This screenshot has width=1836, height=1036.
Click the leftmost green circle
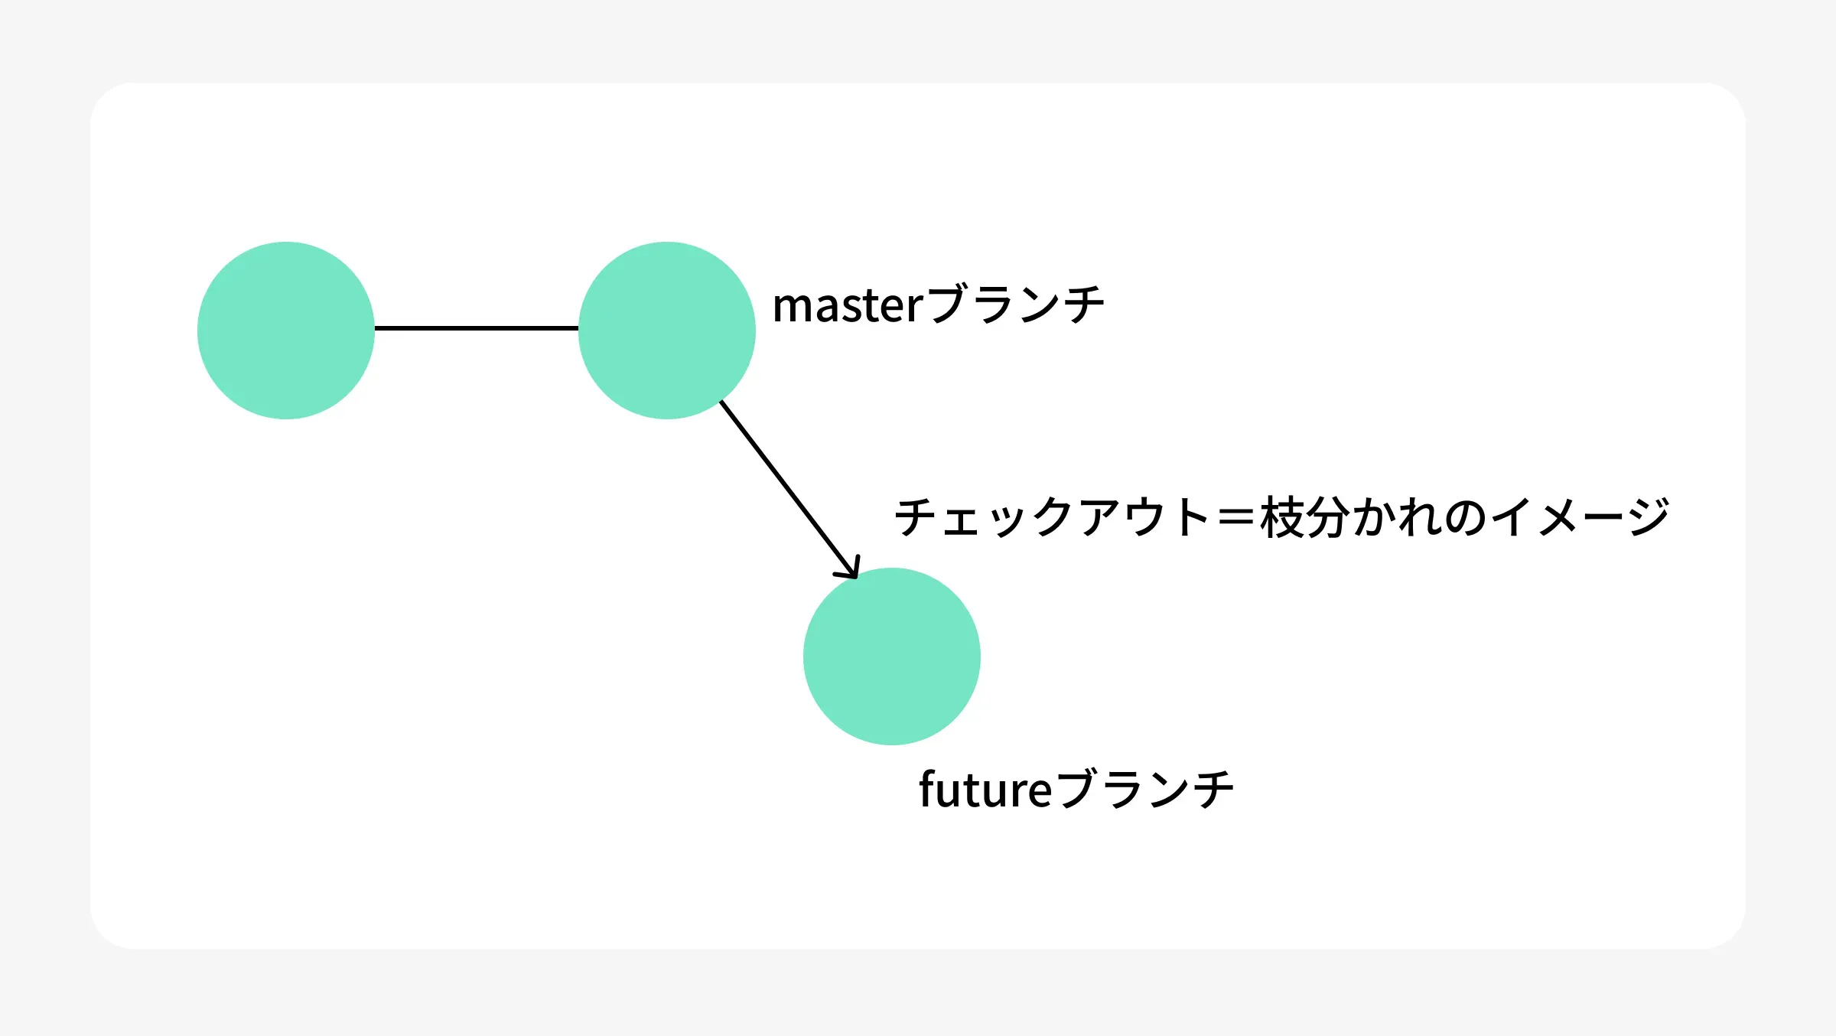click(285, 330)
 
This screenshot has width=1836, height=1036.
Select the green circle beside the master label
click(666, 330)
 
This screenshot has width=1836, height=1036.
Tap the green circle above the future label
click(891, 656)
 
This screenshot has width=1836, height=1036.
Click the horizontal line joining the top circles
click(476, 328)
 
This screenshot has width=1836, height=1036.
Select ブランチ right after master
click(1015, 305)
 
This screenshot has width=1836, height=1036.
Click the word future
click(985, 790)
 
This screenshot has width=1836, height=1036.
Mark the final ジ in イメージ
click(1648, 517)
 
